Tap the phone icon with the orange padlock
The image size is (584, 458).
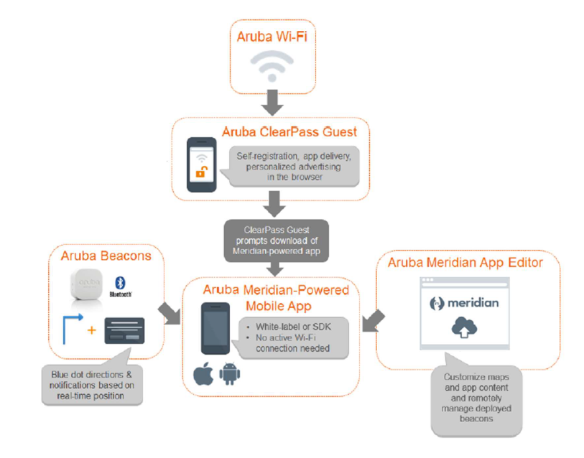click(202, 164)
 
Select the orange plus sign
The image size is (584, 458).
click(91, 332)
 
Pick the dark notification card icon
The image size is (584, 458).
click(124, 330)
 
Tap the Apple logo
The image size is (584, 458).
click(203, 374)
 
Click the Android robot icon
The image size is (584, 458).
click(229, 374)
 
